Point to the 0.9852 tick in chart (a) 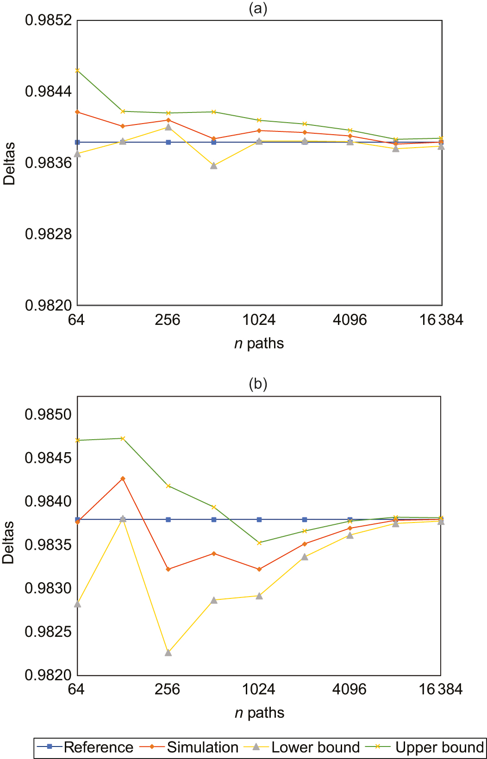click(49, 20)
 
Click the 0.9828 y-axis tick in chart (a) click(49, 234)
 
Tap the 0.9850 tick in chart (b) click(49, 414)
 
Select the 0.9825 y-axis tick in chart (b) click(49, 632)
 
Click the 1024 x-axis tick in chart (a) click(259, 320)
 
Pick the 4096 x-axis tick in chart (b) click(350, 689)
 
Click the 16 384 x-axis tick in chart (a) click(441, 320)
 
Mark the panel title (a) click(258, 9)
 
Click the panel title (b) click(258, 384)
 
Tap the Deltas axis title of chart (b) click(8, 542)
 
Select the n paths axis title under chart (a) click(259, 343)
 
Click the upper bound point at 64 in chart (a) click(77, 70)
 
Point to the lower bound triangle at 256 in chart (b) click(168, 653)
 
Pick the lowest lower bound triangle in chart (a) click(213, 165)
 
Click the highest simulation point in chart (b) click(123, 479)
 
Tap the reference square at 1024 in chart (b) click(259, 520)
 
